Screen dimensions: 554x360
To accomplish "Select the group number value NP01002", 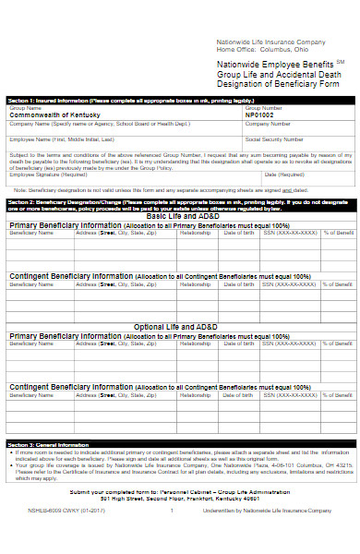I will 261,114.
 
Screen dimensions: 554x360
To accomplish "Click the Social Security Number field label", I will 273,138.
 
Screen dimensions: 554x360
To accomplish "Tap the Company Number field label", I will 267,123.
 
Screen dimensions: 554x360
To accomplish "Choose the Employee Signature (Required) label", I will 45,173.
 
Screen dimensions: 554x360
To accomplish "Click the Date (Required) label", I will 283,173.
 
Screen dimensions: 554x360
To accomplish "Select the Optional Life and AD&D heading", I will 180,327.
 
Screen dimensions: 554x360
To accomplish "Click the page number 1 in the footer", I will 171,510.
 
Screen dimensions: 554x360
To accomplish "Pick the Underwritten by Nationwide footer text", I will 269,510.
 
